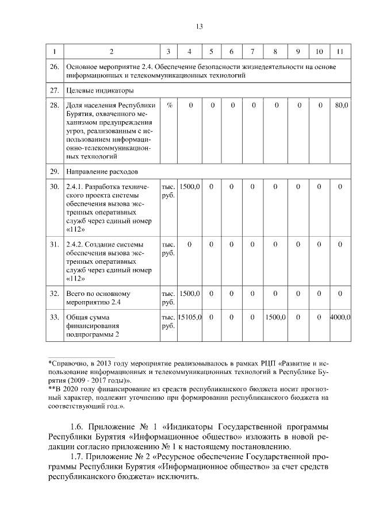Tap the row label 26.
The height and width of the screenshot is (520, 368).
click(55, 67)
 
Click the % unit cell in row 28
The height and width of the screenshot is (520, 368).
click(169, 106)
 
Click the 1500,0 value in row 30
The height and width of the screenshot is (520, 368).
click(189, 187)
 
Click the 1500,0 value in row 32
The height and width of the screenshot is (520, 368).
click(189, 293)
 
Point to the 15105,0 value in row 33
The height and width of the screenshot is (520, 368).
click(189, 317)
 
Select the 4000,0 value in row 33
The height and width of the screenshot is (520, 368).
click(340, 317)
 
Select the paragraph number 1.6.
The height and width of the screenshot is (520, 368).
click(78, 427)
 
